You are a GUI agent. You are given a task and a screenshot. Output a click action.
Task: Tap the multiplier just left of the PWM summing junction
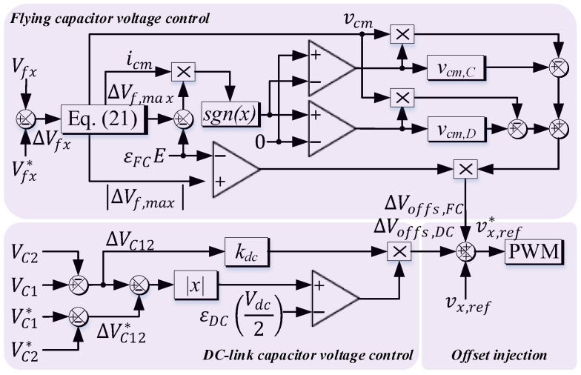tap(399, 253)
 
